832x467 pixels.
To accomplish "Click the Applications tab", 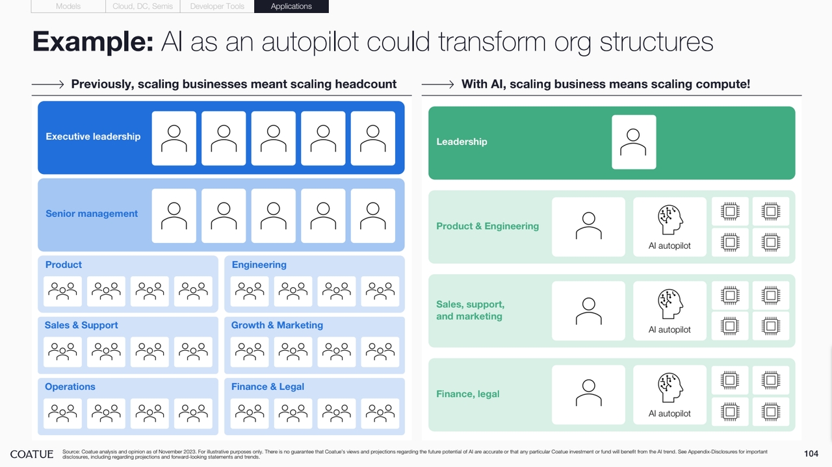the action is (x=291, y=6).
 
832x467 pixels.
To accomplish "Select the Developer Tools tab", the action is (x=217, y=6).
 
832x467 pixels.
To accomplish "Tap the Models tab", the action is (x=68, y=6).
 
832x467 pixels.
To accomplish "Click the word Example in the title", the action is (x=93, y=41).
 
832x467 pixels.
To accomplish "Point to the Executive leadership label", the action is (x=93, y=136).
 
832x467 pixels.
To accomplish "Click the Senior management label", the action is (x=92, y=214).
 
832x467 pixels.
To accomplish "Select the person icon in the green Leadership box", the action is (x=633, y=142).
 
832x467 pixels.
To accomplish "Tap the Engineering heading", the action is (x=259, y=265).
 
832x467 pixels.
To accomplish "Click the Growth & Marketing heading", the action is (x=277, y=325).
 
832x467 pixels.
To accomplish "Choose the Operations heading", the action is (x=70, y=387).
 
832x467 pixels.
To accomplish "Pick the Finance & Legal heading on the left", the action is (x=268, y=387).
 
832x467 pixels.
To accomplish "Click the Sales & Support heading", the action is (x=81, y=325).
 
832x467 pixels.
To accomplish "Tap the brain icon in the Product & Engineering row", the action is (x=670, y=220).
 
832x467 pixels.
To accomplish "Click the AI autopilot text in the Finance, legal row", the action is (x=669, y=414).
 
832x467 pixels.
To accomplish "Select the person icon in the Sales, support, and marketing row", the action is (x=589, y=311).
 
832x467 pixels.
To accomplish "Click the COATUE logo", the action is (x=32, y=455).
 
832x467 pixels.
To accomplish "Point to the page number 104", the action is (x=811, y=453).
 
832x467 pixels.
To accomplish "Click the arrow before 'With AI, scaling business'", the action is (x=437, y=84).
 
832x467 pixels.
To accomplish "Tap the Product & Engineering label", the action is (x=487, y=227).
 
